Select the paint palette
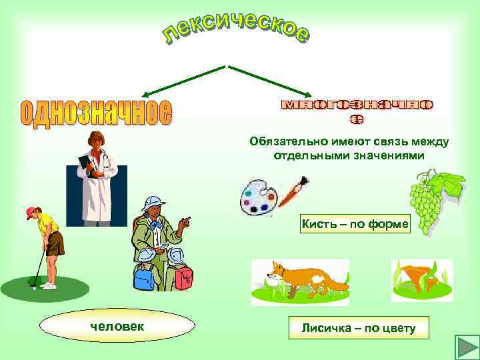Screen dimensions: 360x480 [x=257, y=196]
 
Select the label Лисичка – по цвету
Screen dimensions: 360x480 [x=358, y=328]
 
